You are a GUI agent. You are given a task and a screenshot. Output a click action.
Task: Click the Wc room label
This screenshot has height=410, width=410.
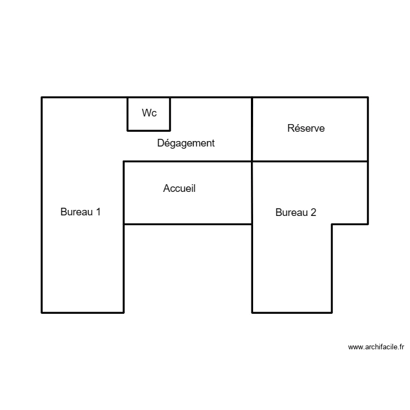pyautogui.click(x=149, y=113)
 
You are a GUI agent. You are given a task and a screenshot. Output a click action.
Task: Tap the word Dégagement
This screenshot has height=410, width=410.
pyautogui.click(x=186, y=143)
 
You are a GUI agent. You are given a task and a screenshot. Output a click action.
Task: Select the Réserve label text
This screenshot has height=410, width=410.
pyautogui.click(x=306, y=128)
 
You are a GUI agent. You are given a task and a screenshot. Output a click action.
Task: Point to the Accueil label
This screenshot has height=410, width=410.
pyautogui.click(x=179, y=189)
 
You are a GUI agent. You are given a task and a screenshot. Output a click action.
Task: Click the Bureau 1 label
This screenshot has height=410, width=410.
pyautogui.click(x=80, y=212)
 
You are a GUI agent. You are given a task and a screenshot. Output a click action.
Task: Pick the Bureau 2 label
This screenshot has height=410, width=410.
pyautogui.click(x=296, y=213)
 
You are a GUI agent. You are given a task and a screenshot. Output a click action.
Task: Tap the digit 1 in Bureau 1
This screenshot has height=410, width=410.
pyautogui.click(x=98, y=212)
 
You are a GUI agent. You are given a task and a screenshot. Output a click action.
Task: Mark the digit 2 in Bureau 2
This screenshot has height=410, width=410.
pyautogui.click(x=313, y=213)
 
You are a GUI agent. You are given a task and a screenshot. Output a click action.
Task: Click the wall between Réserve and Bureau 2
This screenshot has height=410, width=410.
pyautogui.click(x=310, y=161)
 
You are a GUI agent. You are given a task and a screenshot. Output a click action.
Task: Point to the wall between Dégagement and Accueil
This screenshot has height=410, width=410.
pyautogui.click(x=188, y=161)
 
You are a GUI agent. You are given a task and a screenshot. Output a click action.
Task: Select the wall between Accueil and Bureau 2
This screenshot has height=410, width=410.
pyautogui.click(x=252, y=192)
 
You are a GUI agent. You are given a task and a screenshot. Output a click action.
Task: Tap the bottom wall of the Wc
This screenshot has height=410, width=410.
pyautogui.click(x=149, y=131)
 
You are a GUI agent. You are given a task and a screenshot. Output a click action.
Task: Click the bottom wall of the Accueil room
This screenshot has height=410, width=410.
pyautogui.click(x=188, y=224)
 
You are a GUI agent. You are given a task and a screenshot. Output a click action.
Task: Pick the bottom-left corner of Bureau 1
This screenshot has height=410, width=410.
pyautogui.click(x=42, y=312)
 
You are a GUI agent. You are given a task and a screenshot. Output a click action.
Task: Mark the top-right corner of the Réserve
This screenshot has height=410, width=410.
pyautogui.click(x=367, y=98)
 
